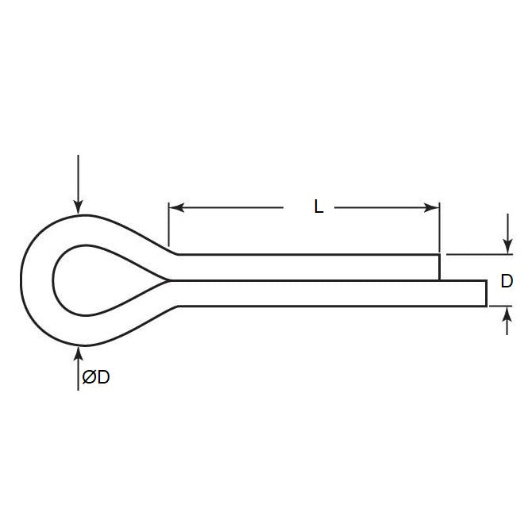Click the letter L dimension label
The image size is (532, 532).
[318, 208]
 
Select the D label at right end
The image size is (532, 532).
[507, 281]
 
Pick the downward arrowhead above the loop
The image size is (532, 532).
[78, 208]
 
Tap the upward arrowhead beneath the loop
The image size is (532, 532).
[78, 351]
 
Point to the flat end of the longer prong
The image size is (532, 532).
[486, 292]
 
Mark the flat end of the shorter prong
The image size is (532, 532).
[439, 267]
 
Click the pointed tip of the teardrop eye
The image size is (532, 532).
[165, 279]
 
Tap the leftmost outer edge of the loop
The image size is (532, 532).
[20, 279]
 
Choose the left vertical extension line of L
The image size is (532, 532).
[168, 226]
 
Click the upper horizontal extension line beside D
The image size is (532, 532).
[476, 255]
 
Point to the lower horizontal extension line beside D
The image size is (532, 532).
[500, 306]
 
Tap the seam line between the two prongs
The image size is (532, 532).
[302, 279]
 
